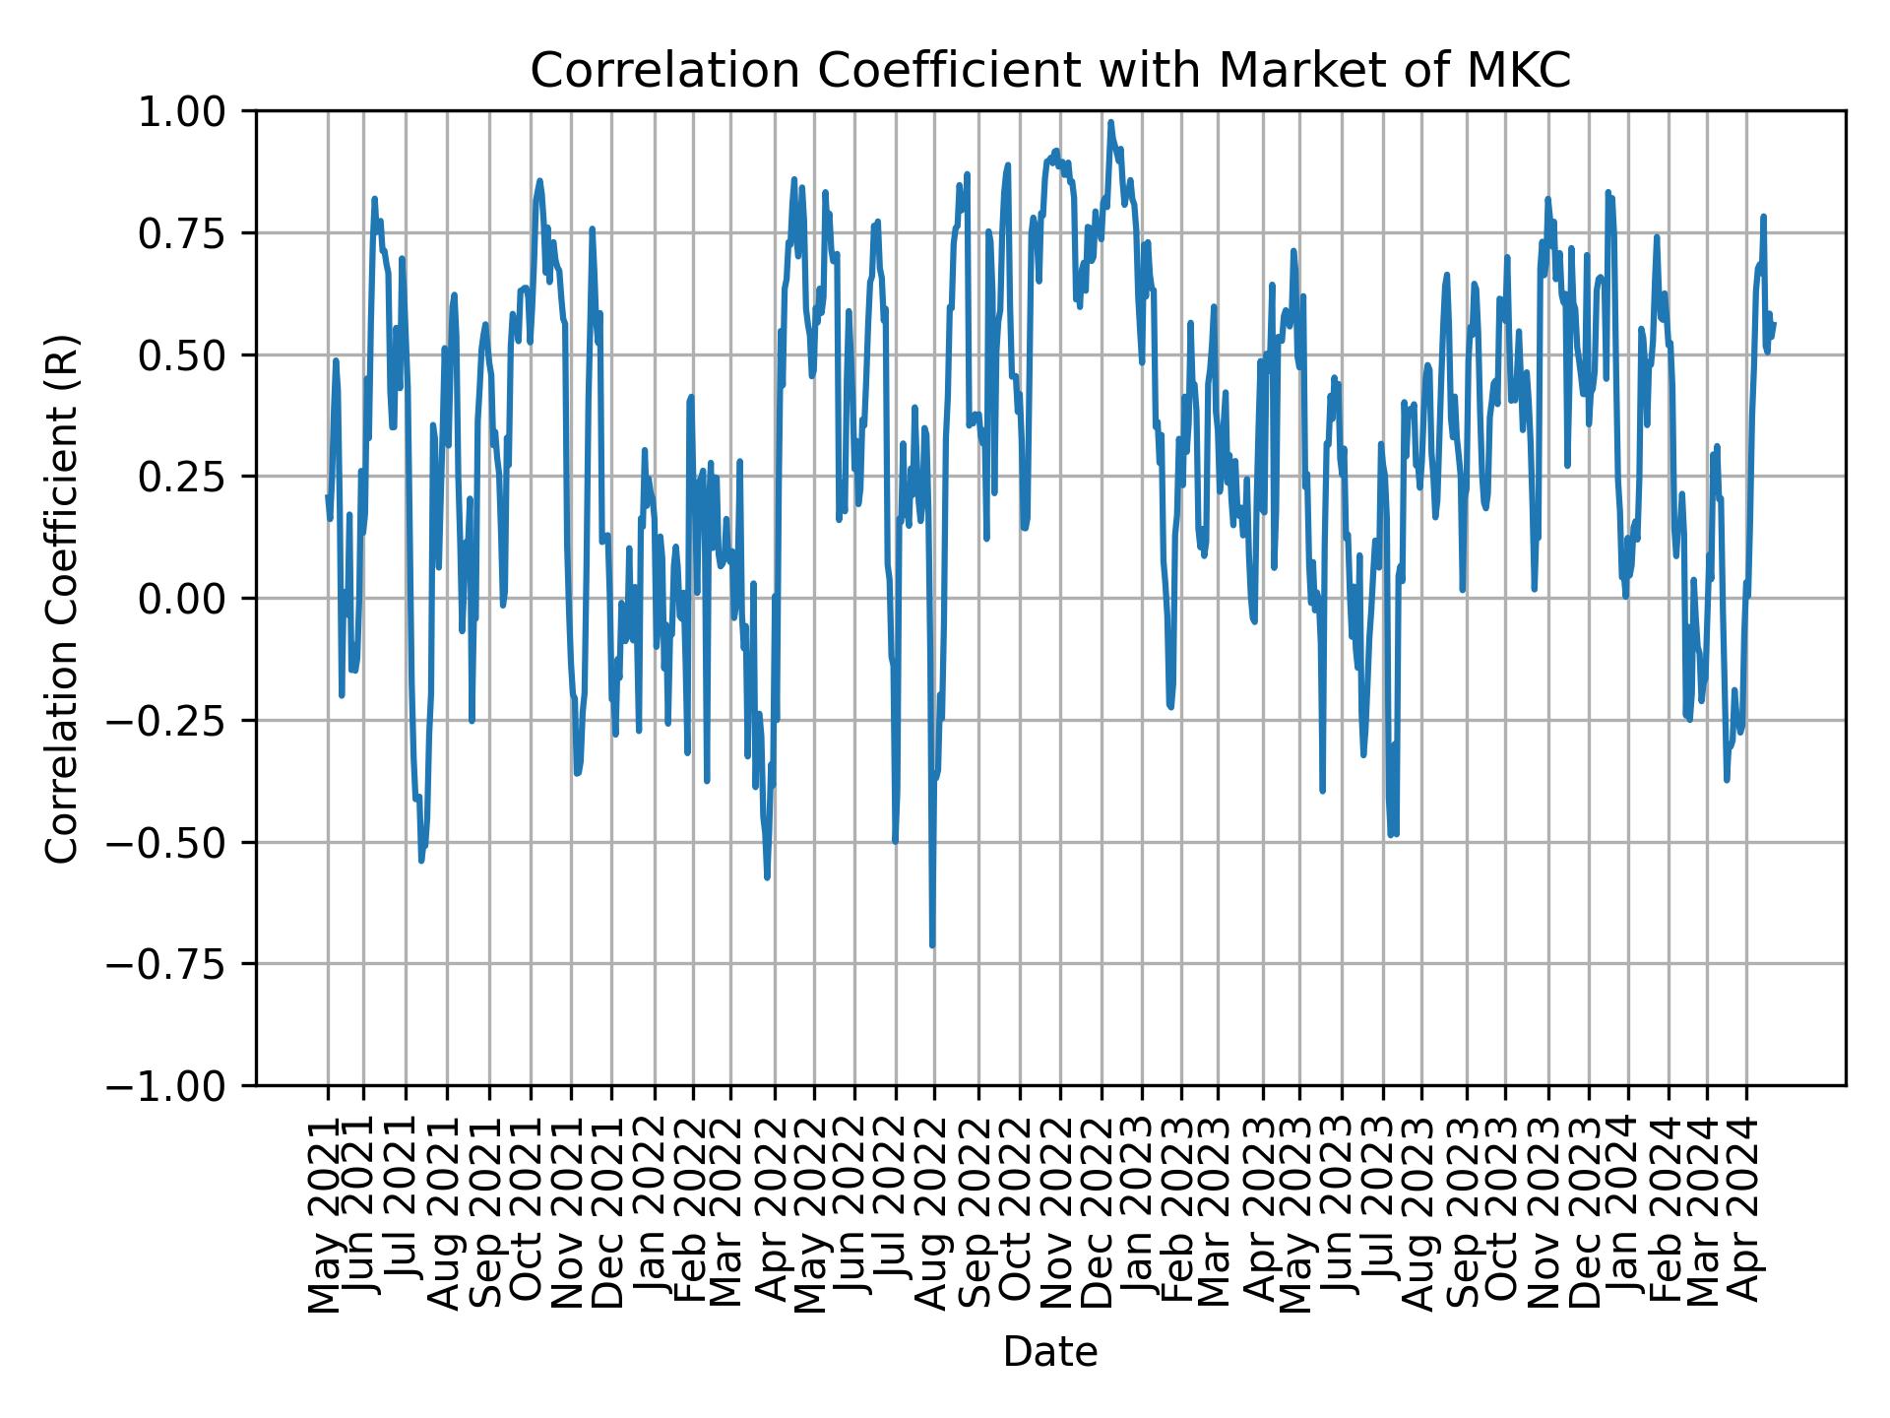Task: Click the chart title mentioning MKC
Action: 1050,71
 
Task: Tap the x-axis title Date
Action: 1050,1352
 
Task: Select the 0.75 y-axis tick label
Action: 195,233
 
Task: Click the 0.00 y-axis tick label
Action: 195,599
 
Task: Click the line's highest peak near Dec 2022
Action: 1110,123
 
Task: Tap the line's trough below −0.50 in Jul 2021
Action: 421,860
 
